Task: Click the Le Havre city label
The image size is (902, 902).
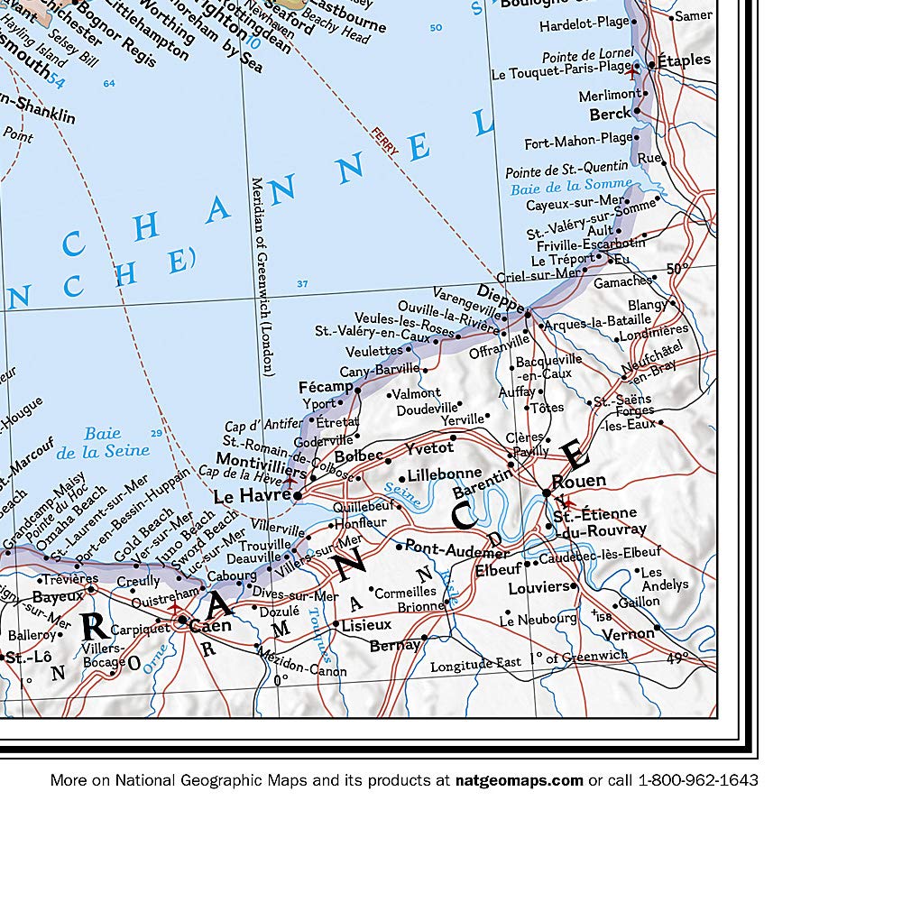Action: (252, 495)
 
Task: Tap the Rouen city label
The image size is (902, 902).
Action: (578, 481)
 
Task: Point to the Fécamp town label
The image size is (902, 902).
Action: (326, 387)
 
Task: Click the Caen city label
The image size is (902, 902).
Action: (210, 624)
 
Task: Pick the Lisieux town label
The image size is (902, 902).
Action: (366, 624)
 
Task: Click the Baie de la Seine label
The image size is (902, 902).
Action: (103, 443)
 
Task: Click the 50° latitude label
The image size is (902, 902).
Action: (676, 268)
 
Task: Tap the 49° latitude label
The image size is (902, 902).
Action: (678, 658)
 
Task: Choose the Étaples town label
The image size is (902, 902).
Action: (684, 60)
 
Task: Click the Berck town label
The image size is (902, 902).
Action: (610, 115)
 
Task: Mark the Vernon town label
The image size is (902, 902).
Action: (628, 633)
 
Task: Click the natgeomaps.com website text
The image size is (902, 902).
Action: (519, 780)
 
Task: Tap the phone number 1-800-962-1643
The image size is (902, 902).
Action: (698, 780)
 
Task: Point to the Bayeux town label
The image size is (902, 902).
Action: (58, 596)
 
